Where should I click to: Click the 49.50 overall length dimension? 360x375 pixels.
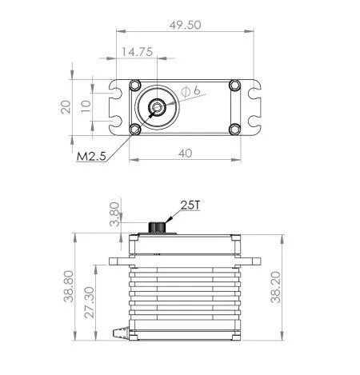tap(186, 25)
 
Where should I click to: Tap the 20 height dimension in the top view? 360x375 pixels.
tap(68, 106)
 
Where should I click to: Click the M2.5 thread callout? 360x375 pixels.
tap(90, 157)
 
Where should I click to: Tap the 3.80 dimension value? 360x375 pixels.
tap(114, 215)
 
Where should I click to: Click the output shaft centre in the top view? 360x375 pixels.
tap(157, 106)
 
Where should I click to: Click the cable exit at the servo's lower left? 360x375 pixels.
tap(122, 329)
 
